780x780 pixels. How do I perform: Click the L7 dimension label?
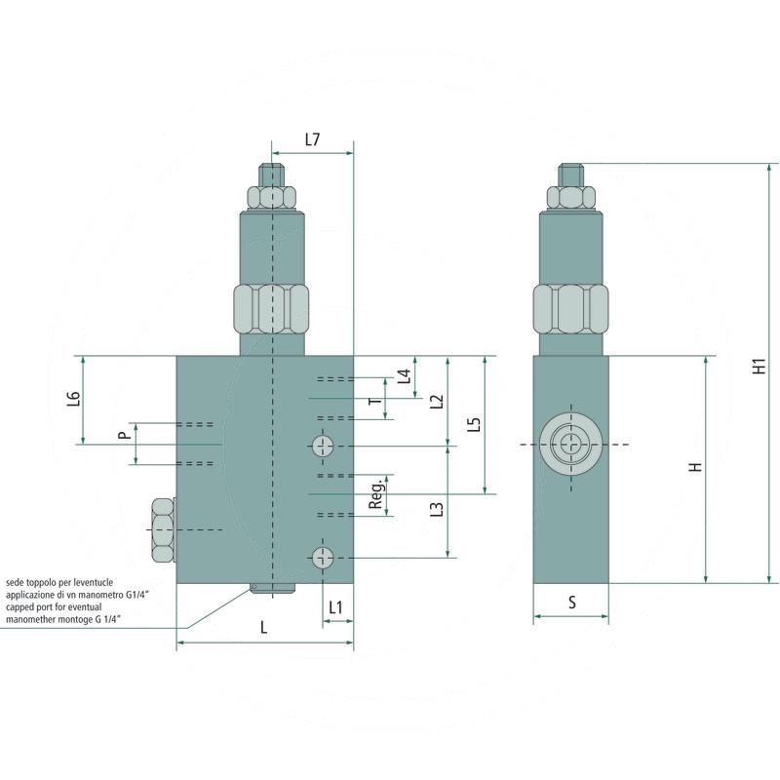(x=311, y=139)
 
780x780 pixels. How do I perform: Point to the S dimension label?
(x=571, y=603)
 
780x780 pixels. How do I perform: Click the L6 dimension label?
(x=74, y=400)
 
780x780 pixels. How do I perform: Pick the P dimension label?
(x=123, y=435)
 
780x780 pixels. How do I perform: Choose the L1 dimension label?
(x=336, y=607)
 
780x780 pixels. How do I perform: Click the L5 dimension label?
(x=474, y=425)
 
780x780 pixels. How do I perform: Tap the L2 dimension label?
(x=437, y=400)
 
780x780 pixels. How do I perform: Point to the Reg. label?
(x=376, y=496)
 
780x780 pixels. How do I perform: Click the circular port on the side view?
(x=570, y=445)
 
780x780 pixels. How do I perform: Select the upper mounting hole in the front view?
(x=323, y=447)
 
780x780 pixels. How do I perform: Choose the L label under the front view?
(x=263, y=629)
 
